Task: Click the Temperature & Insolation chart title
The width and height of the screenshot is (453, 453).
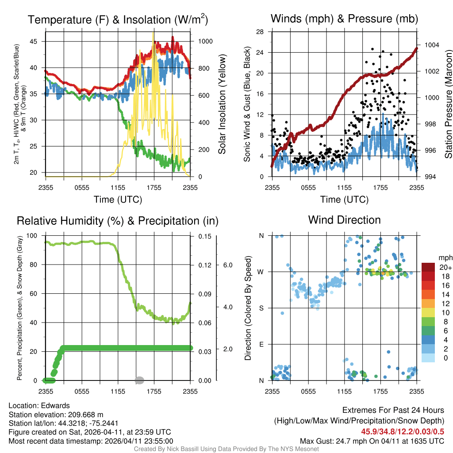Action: pos(118,19)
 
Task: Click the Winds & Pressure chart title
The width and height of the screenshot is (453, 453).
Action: pos(344,19)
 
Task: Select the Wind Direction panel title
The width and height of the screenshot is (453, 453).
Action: pos(344,220)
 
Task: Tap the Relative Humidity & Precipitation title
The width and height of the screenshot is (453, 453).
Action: pos(118,221)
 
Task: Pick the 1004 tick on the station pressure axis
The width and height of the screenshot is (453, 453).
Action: pos(431,45)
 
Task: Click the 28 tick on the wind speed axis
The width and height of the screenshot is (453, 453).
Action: pos(260,32)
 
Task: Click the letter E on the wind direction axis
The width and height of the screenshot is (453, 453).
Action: pos(261,344)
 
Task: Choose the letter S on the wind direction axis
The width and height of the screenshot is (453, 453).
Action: pos(261,308)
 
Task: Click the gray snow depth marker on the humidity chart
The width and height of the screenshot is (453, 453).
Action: pos(139,380)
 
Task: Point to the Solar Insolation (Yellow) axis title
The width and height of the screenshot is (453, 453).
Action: pos(222,104)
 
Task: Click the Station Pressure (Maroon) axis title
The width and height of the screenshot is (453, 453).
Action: pos(448,104)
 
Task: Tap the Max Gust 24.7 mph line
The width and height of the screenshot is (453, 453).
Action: pos(372,441)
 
